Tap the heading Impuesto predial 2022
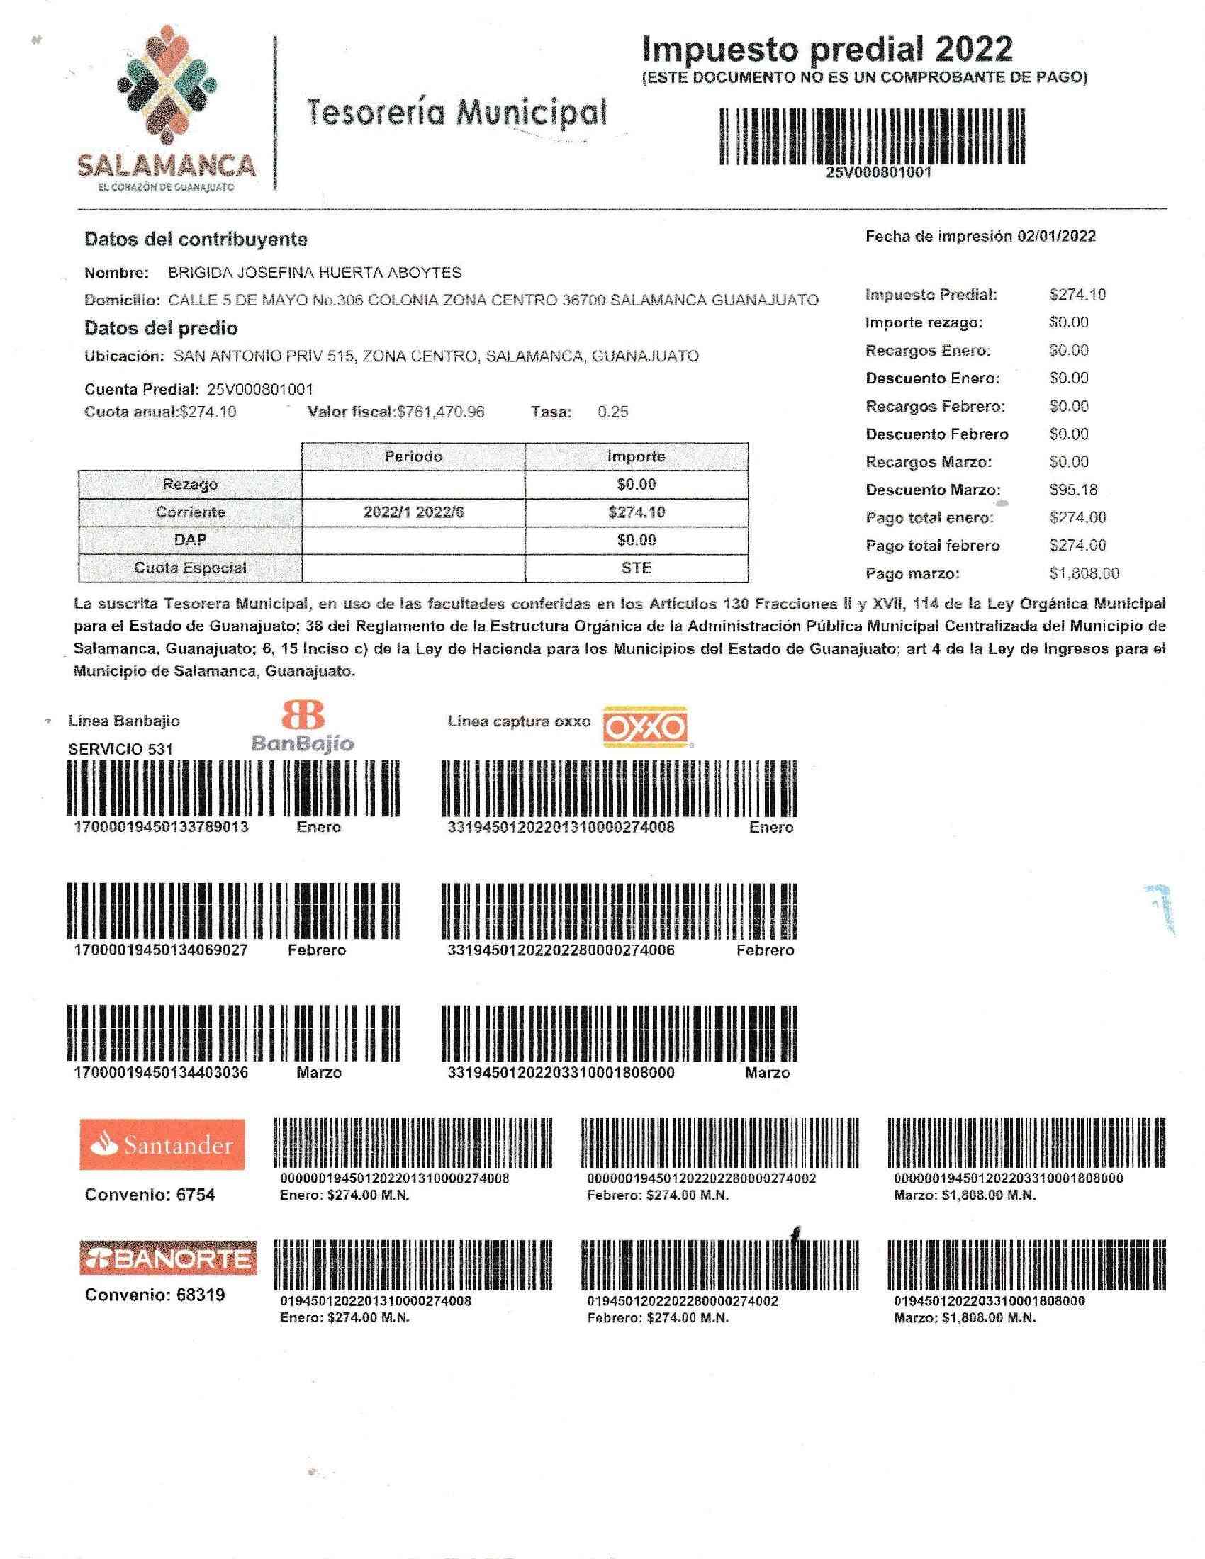[826, 50]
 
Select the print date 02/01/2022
[1057, 236]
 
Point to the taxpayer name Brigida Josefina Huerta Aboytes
[314, 272]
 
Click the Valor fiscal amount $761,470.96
[440, 412]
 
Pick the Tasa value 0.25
[612, 412]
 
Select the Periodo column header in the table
[413, 456]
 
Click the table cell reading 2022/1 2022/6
[413, 512]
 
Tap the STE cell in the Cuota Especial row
[636, 568]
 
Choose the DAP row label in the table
[190, 540]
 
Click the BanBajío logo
[303, 726]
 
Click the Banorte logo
[168, 1259]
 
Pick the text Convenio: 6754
[150, 1195]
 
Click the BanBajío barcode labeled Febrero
[233, 911]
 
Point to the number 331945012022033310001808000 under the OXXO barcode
[561, 1072]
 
